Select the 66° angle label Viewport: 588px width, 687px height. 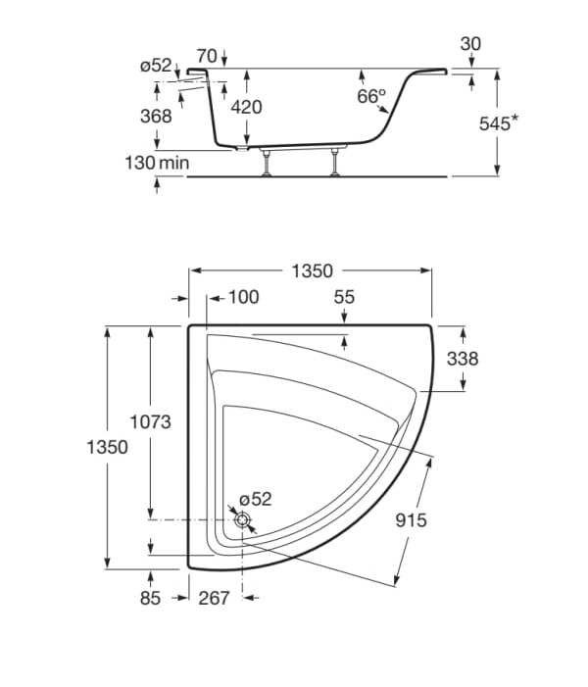[371, 97]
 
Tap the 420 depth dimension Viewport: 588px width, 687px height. [246, 107]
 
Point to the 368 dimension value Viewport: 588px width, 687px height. [155, 116]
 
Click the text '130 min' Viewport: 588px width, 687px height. [157, 162]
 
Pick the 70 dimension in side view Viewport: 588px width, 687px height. [206, 55]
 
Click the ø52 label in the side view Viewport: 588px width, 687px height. [156, 66]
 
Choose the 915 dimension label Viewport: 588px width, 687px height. [411, 520]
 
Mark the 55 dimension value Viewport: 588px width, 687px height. [344, 297]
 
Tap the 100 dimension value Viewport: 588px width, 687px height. [245, 297]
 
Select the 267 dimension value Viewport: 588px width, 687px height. [214, 598]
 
